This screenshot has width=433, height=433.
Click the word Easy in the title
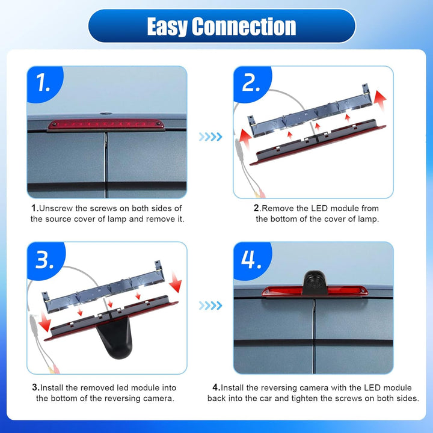pyautogui.click(x=167, y=26)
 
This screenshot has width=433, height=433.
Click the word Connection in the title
pyautogui.click(x=244, y=26)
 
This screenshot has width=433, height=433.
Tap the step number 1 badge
pyautogui.click(x=44, y=83)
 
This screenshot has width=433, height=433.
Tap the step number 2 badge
pyautogui.click(x=251, y=83)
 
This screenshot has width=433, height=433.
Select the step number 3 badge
pyautogui.click(x=45, y=260)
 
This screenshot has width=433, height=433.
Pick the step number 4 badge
pyautogui.click(x=251, y=260)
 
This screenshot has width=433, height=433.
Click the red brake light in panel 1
pyautogui.click(x=106, y=124)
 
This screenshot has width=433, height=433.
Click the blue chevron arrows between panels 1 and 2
pyautogui.click(x=210, y=137)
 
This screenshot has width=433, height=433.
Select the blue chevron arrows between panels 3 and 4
pyautogui.click(x=210, y=306)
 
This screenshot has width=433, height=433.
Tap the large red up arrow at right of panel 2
pyautogui.click(x=380, y=100)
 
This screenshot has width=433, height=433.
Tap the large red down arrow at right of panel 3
pyautogui.click(x=176, y=282)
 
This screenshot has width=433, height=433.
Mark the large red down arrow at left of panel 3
pyautogui.click(x=44, y=321)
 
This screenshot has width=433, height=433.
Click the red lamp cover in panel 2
pyautogui.click(x=318, y=142)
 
